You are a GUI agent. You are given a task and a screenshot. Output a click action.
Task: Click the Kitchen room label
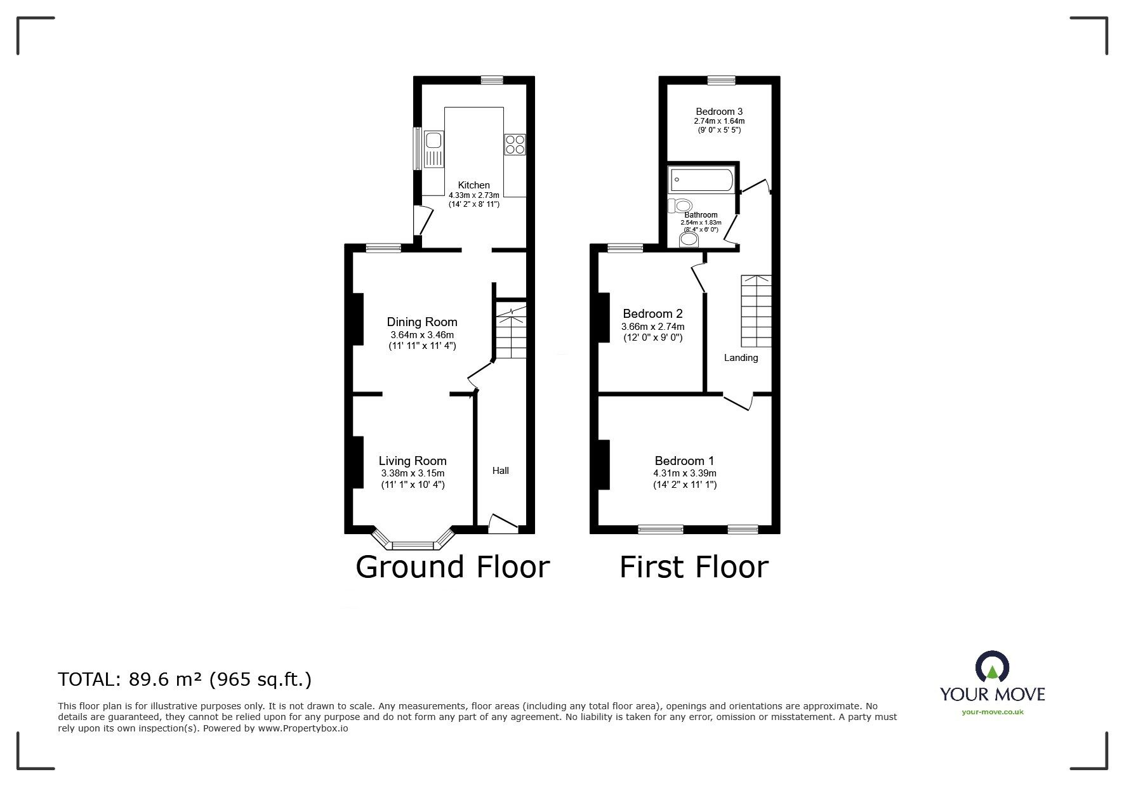pos(474,185)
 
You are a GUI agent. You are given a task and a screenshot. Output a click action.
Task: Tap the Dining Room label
pos(422,322)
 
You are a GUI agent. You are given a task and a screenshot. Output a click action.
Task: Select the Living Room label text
pos(413,461)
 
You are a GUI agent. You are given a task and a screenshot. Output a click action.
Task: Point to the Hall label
pos(501,471)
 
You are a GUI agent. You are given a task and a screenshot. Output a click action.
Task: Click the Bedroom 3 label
pos(719,112)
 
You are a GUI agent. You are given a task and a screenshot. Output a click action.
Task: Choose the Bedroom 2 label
pos(652,314)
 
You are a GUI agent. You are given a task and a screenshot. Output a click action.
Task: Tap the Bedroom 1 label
pos(685,461)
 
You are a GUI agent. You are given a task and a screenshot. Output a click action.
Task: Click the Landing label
pos(741,358)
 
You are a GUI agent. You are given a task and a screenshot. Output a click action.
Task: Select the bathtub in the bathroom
pos(701,180)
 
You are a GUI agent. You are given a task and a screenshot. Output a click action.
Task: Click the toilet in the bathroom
pos(680,206)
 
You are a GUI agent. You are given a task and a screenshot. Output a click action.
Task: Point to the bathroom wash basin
pos(689,240)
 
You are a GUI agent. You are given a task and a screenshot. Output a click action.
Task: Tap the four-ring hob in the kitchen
pos(515,145)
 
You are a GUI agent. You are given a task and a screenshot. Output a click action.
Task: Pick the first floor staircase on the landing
pos(756,311)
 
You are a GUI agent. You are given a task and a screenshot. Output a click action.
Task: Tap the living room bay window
pos(413,539)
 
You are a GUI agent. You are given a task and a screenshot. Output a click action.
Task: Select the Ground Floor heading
pos(453,567)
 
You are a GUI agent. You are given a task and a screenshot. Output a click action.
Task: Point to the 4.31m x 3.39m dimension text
pos(685,473)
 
